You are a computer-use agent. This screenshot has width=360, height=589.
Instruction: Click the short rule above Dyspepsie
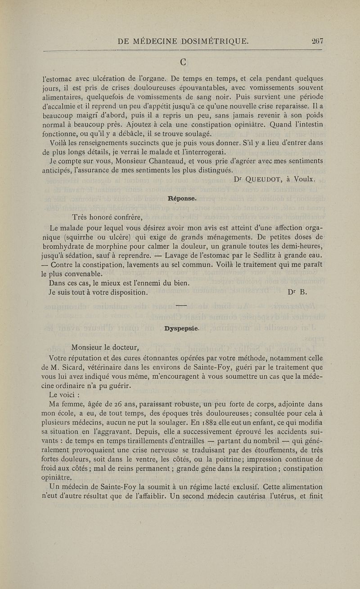point(180,306)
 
